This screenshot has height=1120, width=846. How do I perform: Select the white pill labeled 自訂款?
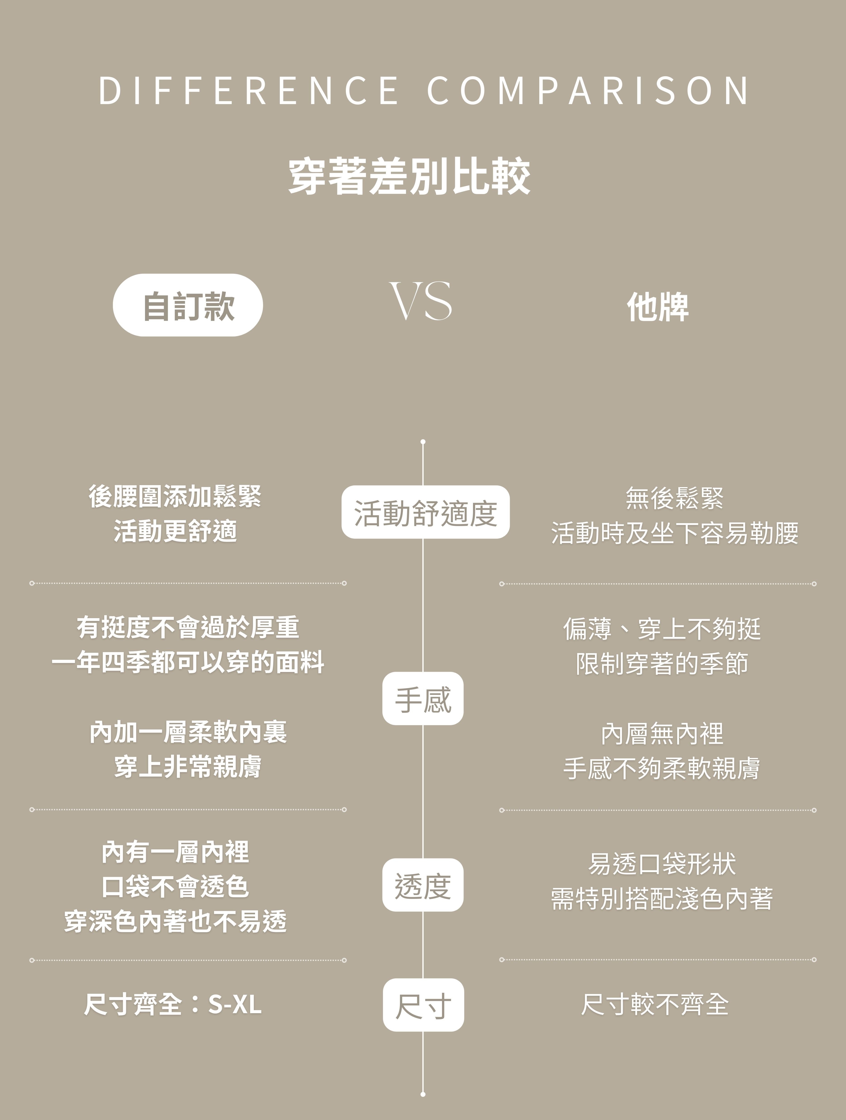(x=188, y=305)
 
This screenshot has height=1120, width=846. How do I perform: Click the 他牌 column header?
(x=658, y=307)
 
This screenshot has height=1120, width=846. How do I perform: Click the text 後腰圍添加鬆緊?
(x=175, y=496)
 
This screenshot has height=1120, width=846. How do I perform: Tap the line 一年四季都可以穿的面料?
(x=188, y=662)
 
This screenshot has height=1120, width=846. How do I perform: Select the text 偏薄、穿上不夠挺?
(x=662, y=629)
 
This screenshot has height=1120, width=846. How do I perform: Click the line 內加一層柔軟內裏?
(x=188, y=732)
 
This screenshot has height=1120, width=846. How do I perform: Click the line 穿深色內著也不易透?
(x=175, y=921)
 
